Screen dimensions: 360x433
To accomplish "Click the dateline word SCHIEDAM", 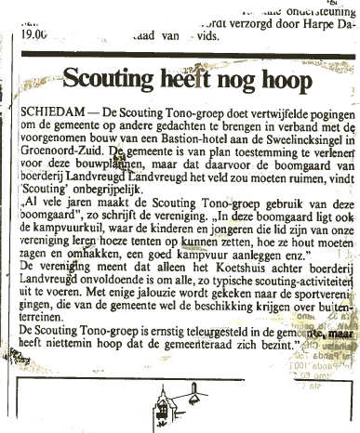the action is tap(46, 111).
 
